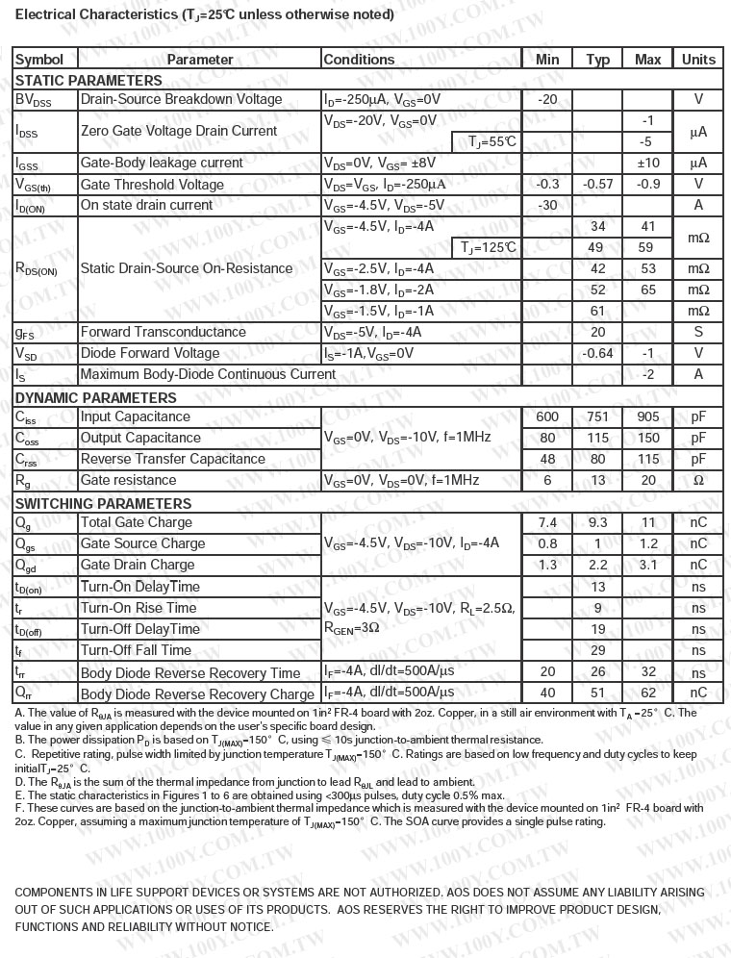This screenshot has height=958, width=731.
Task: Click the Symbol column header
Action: click(39, 60)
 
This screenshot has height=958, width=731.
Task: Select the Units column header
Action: click(698, 60)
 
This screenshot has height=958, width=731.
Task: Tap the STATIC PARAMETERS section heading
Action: click(88, 81)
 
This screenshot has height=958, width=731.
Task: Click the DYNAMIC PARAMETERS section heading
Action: click(95, 398)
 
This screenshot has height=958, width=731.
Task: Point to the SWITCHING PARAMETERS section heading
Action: click(103, 504)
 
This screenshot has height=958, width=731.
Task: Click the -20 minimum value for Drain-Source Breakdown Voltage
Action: click(547, 100)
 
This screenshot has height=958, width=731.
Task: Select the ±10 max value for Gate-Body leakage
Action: click(648, 164)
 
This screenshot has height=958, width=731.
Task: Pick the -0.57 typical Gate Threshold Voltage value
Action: click(597, 185)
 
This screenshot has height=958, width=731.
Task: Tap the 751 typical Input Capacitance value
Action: click(597, 417)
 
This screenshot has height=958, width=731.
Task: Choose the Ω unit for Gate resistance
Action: click(698, 481)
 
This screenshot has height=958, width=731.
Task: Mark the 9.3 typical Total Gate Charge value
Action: click(597, 523)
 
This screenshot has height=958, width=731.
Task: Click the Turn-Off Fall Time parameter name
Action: click(136, 651)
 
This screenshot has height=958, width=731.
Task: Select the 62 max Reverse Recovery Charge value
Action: click(648, 693)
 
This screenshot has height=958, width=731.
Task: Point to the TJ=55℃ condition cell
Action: click(492, 142)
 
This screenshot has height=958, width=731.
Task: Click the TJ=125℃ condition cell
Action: click(489, 248)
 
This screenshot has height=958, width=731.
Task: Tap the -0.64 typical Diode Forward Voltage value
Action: click(597, 354)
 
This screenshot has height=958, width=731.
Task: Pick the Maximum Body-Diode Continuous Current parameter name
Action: click(208, 375)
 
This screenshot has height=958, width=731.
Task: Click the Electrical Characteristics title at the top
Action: click(190, 15)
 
